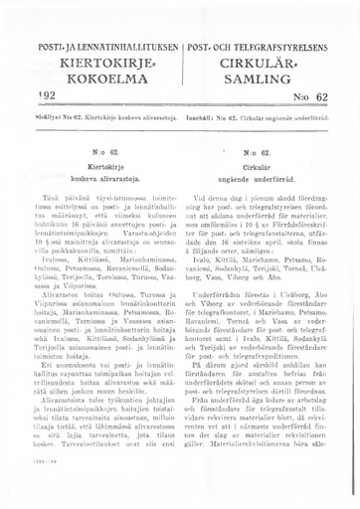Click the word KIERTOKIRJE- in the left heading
click(91, 66)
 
